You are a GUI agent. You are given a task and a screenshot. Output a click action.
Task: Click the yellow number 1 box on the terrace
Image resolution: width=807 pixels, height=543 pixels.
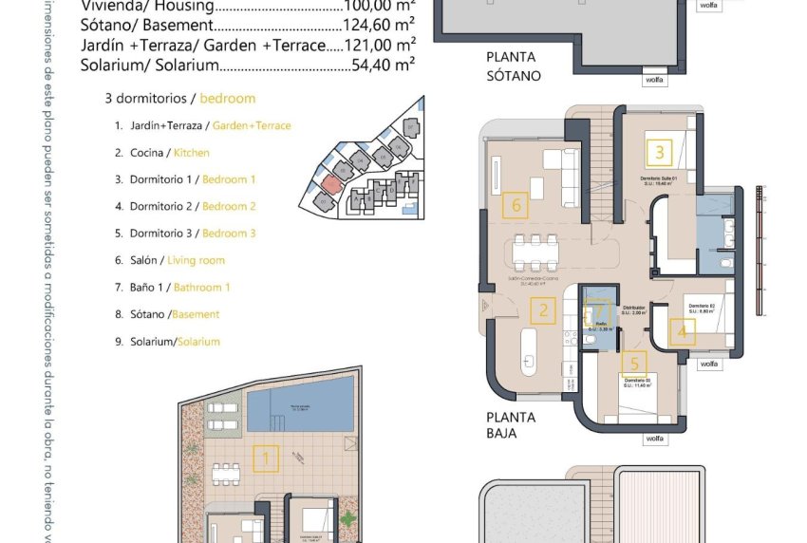(266, 460)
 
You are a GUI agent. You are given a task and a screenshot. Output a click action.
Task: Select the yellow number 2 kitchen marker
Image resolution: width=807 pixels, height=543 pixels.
(543, 309)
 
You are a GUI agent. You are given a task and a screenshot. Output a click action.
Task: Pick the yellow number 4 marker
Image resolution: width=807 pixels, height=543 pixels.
(682, 331)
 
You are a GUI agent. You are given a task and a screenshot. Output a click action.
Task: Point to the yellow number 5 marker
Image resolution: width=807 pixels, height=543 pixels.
(634, 364)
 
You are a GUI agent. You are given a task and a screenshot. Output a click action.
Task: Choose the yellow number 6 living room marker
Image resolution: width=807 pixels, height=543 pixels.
(516, 204)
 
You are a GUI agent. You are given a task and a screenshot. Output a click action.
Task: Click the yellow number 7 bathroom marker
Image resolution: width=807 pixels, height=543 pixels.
(597, 310)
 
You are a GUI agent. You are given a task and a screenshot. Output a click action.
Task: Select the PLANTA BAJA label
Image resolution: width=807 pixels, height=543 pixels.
(511, 425)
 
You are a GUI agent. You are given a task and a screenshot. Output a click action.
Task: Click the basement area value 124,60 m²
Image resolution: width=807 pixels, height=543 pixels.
(378, 27)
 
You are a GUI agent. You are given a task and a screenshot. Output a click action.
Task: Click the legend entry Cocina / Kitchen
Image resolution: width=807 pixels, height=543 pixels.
(161, 152)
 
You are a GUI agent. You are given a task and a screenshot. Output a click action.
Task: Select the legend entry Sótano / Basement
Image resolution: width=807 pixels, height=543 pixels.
(166, 314)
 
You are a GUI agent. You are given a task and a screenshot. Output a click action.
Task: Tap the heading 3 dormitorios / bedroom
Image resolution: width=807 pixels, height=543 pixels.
(180, 99)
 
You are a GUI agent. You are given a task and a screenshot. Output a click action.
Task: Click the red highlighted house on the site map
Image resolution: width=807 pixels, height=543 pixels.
(330, 182)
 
